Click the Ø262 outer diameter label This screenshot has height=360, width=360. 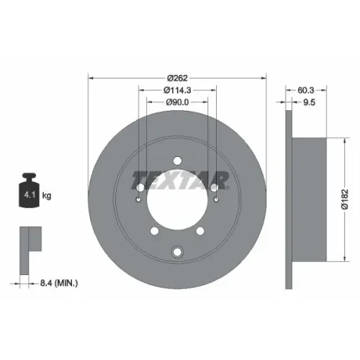coord(177,78)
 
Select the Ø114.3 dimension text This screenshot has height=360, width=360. coord(177,90)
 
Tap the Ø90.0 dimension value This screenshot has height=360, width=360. coord(177,102)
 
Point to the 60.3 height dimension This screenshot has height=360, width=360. coord(305,90)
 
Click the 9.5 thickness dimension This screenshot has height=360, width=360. coord(309,102)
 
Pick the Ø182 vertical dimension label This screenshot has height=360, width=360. coord(345,199)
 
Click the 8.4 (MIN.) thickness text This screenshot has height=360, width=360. coord(59,283)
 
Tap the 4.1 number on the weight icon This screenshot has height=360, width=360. coord(30,195)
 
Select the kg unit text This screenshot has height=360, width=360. coord(47,196)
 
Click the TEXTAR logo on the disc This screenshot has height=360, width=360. coord(180,180)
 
